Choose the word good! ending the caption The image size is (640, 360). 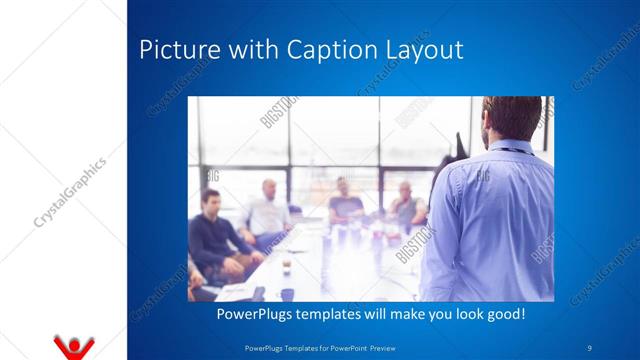503,314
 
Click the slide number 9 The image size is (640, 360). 590,347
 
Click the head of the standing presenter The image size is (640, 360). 511,118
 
